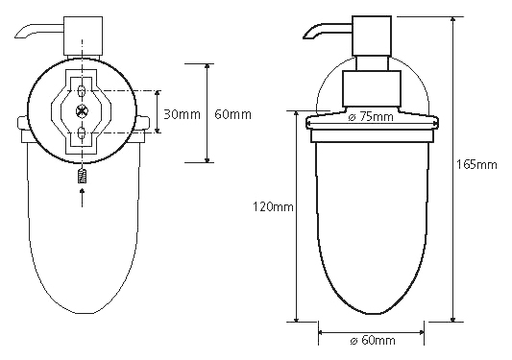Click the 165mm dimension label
coord(476,164)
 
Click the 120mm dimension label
coord(273,206)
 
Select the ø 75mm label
coord(371,116)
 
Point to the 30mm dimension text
coord(182,114)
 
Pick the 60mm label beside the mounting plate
coord(232,114)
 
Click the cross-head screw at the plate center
coord(81,111)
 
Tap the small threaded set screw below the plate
coord(82,176)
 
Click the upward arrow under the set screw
coord(82,197)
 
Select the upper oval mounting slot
coord(82,90)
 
